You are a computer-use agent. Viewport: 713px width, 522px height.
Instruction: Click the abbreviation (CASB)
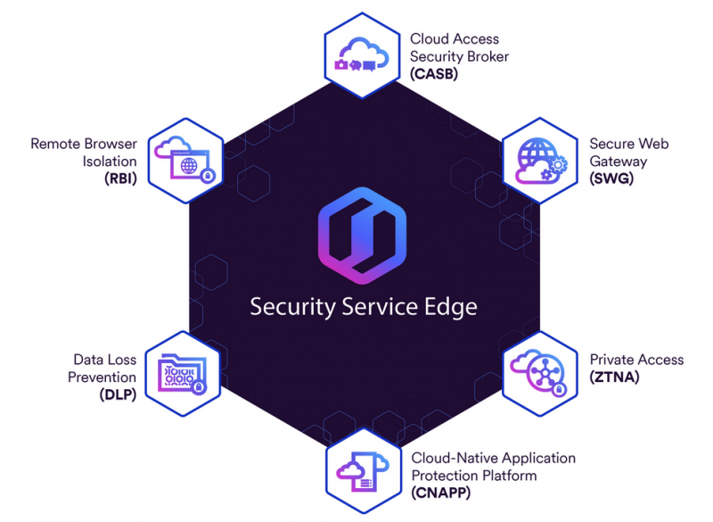coord(434,73)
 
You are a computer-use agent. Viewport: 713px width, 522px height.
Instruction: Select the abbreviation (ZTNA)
coord(615,377)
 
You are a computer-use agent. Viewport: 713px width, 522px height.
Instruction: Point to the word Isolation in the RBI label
coord(111,161)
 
